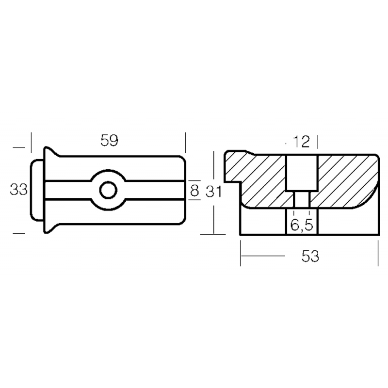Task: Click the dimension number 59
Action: pos(110,140)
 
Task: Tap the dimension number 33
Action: pos(18,190)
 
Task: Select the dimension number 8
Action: pos(194,191)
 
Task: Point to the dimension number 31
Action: pos(213,192)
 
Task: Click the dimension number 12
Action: pos(301,142)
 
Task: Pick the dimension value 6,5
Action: pos(302,225)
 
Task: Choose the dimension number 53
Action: pos(310,256)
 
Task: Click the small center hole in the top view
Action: pos(108,190)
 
